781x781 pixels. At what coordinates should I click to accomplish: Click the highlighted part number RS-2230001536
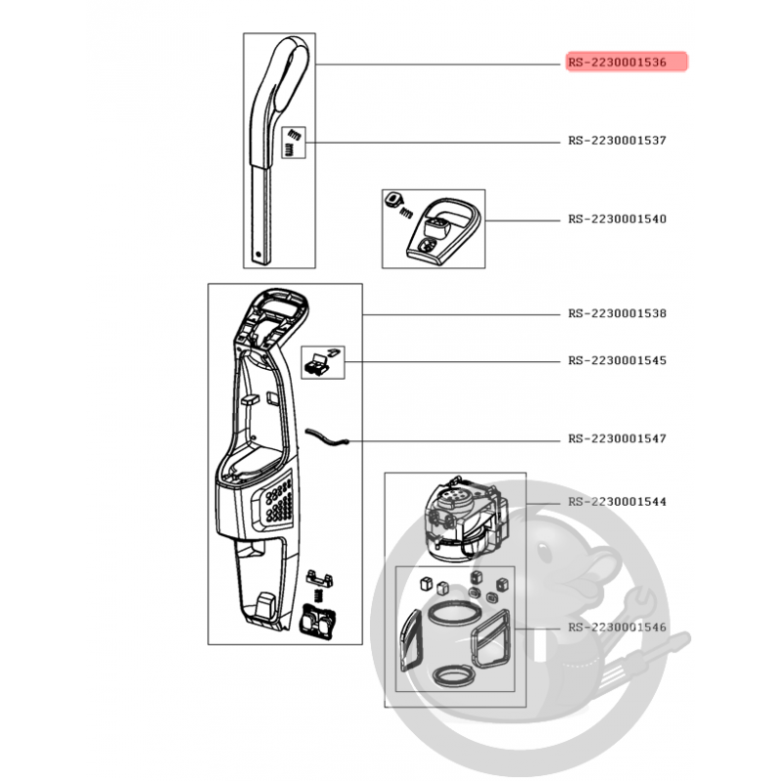(x=617, y=62)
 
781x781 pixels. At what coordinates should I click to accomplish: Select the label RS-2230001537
(x=617, y=141)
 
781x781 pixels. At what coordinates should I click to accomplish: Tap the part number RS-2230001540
(x=617, y=219)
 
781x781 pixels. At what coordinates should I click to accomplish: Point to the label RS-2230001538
(x=617, y=313)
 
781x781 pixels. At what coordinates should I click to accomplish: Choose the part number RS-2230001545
(x=617, y=360)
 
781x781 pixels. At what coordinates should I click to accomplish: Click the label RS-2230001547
(x=617, y=438)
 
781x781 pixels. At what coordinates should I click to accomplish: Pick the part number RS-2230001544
(x=617, y=502)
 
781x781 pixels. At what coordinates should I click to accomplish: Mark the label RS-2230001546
(x=617, y=627)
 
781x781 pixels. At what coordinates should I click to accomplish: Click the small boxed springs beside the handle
(x=294, y=143)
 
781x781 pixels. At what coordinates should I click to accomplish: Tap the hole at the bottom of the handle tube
(x=258, y=255)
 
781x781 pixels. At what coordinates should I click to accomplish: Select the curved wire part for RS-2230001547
(x=326, y=436)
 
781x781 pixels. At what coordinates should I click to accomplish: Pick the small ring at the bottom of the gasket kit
(x=453, y=677)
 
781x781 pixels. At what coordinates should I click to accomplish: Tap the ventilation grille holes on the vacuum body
(x=279, y=502)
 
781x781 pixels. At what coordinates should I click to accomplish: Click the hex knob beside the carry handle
(x=392, y=200)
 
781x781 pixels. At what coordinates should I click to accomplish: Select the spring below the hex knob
(x=406, y=212)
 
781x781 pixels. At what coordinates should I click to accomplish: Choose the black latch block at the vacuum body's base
(x=317, y=622)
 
